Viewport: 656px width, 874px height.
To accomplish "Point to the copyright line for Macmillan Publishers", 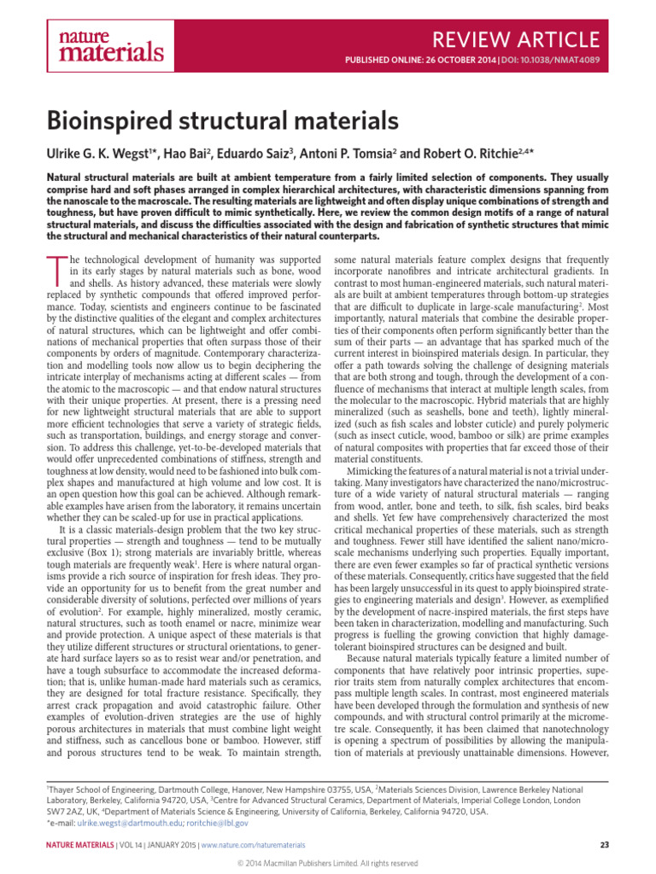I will [328, 864].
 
